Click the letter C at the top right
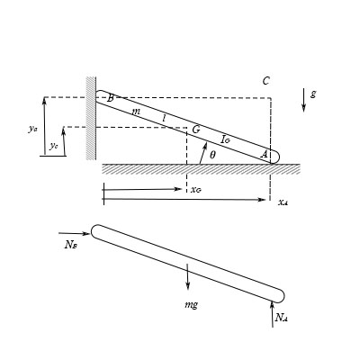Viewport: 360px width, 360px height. tap(265, 81)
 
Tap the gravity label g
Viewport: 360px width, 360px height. tap(312, 93)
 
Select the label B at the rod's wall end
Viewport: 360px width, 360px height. tap(110, 97)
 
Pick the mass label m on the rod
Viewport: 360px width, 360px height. tap(136, 111)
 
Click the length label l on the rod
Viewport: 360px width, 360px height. tap(164, 118)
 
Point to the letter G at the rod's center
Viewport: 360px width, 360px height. tap(195, 130)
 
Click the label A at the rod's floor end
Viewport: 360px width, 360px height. tap(264, 154)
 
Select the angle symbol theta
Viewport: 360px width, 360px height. tap(212, 154)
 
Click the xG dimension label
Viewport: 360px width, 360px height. tap(196, 189)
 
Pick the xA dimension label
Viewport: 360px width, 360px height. tap(283, 202)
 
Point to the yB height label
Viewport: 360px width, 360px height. tap(33, 129)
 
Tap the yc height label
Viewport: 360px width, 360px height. tap(54, 145)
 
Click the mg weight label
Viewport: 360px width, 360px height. tap(190, 304)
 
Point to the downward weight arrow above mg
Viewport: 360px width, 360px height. tap(188, 277)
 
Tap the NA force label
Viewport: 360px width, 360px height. tap(282, 317)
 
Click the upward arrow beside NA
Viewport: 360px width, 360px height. tap(272, 315)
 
